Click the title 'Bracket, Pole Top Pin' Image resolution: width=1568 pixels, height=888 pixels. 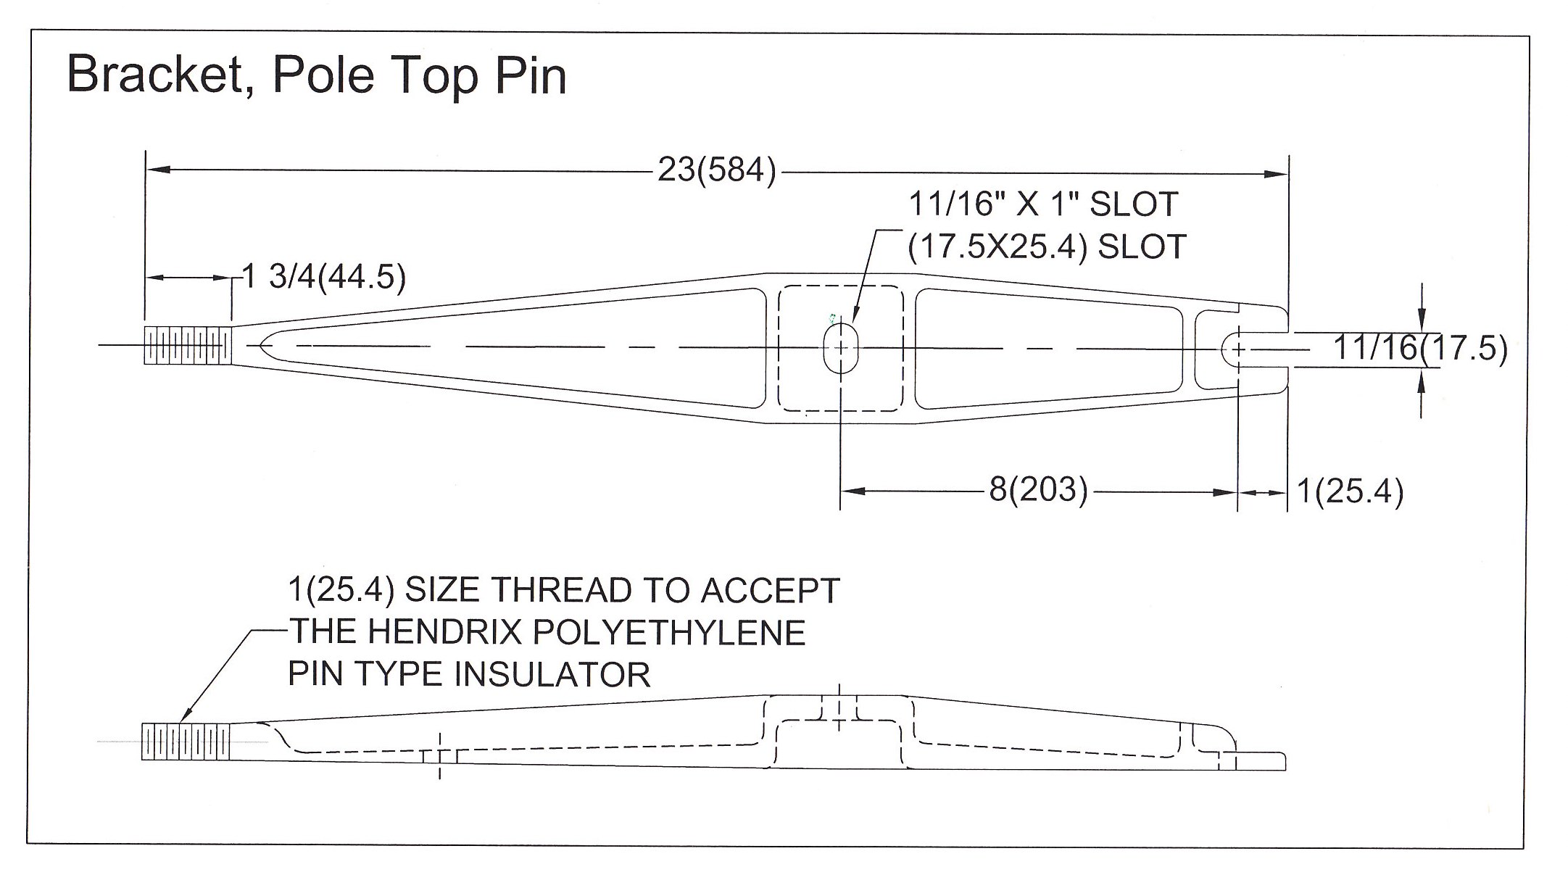tap(316, 75)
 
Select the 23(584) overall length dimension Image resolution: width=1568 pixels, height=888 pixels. tap(716, 171)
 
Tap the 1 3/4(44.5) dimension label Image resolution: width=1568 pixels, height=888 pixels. tap(323, 277)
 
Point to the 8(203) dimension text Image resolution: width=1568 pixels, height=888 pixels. tap(1038, 491)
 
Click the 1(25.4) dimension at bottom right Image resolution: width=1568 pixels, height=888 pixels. tap(1350, 491)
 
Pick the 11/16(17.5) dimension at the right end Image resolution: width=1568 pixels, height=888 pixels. tap(1420, 349)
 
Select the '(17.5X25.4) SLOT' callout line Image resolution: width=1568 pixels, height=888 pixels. tap(1047, 247)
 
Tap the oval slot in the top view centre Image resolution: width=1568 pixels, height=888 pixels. tap(840, 348)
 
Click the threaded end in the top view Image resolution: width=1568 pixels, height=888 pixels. tap(188, 346)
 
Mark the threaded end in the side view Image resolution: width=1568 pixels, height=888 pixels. tap(186, 741)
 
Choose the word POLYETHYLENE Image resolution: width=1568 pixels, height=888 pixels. tap(670, 632)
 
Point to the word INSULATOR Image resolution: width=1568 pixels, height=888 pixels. tap(552, 675)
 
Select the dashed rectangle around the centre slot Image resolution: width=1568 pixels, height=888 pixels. tap(779, 348)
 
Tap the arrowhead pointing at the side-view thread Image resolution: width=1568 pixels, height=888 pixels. tap(186, 718)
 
